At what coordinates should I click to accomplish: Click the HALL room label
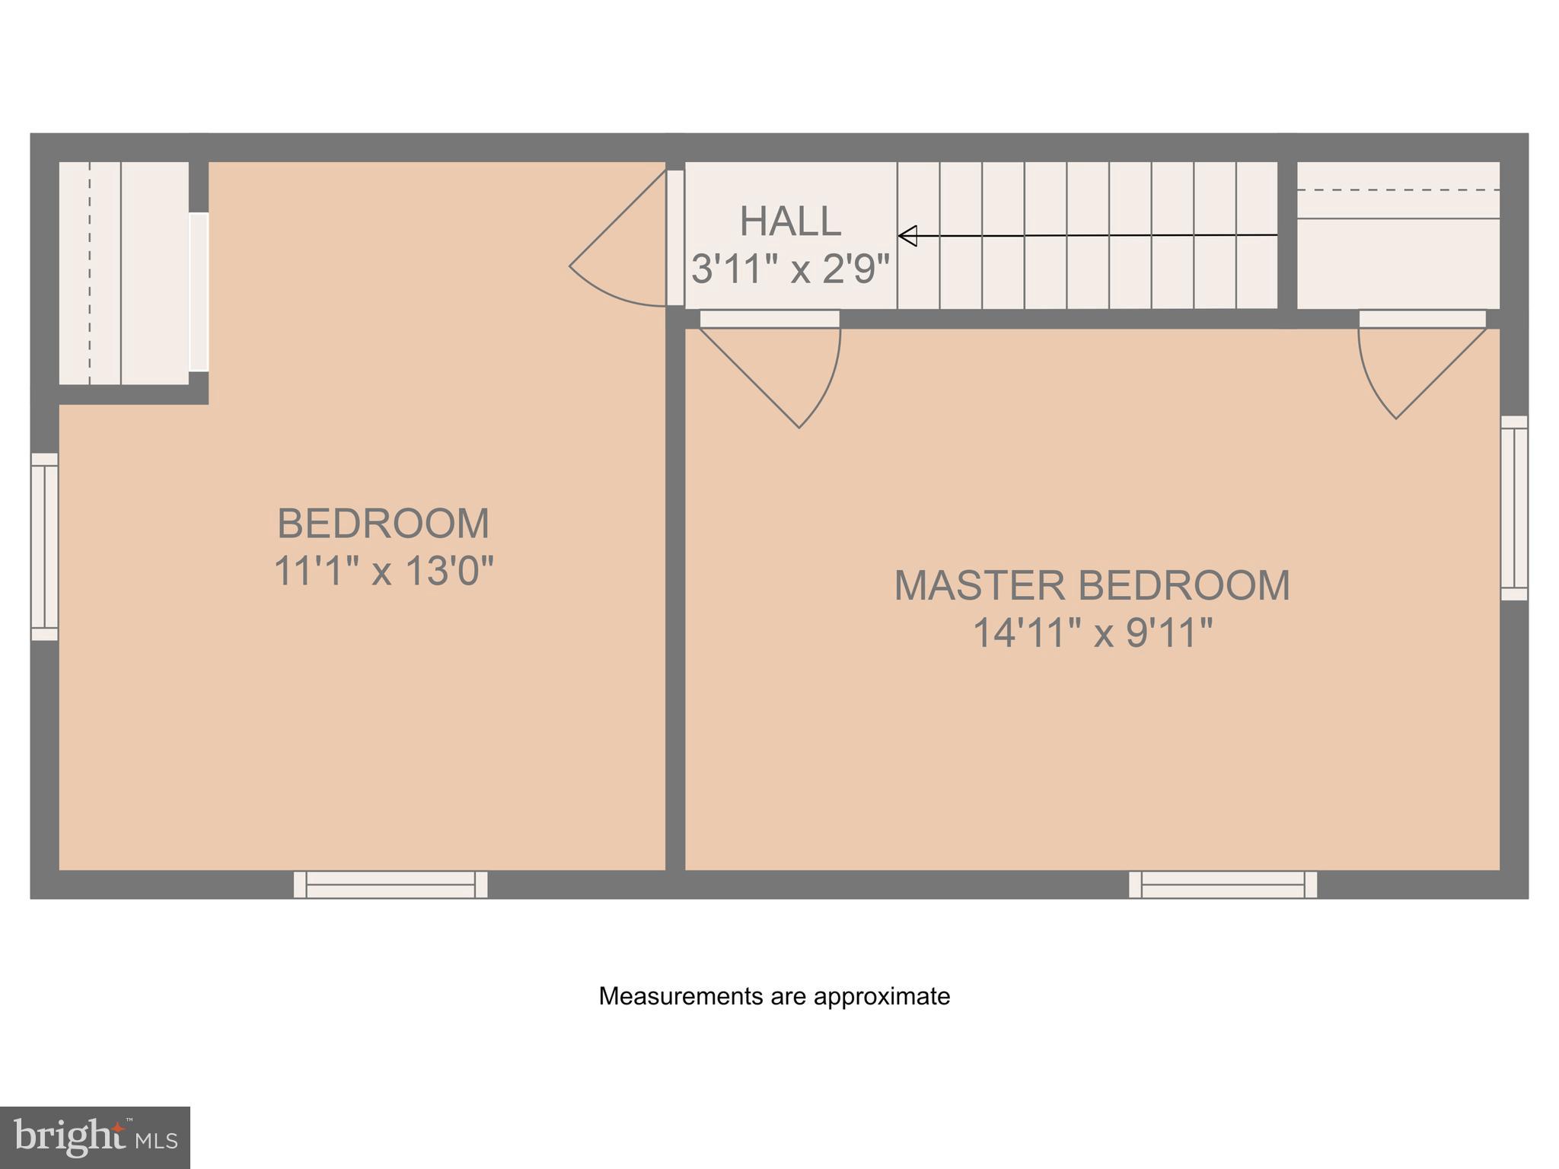[x=790, y=221]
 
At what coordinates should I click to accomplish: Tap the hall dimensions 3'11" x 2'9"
[x=790, y=269]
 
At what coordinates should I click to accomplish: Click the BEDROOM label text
[x=383, y=524]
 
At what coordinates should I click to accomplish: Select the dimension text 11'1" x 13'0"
[x=383, y=570]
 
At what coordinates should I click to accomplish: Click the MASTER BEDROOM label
[x=1092, y=585]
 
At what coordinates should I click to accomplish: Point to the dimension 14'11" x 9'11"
[x=1092, y=632]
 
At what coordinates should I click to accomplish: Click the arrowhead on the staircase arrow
[x=907, y=236]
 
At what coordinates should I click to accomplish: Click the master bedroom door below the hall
[x=792, y=373]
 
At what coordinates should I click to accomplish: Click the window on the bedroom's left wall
[x=44, y=546]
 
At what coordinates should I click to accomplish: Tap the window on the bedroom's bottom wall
[x=391, y=884]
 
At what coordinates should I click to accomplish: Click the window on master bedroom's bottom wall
[x=1223, y=884]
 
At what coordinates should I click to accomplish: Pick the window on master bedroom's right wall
[x=1514, y=508]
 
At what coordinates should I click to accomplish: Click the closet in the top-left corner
[x=123, y=272]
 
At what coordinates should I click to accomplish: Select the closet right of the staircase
[x=1398, y=236]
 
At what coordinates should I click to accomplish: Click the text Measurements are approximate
[x=774, y=996]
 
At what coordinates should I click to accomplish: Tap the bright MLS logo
[x=94, y=1137]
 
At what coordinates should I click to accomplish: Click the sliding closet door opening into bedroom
[x=199, y=292]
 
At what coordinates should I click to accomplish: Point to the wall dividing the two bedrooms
[x=675, y=594]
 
